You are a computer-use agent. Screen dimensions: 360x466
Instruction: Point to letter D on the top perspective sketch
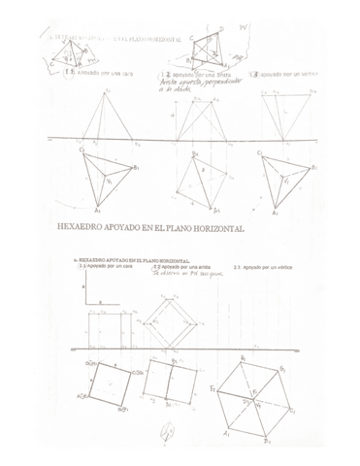(x=221, y=30)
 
